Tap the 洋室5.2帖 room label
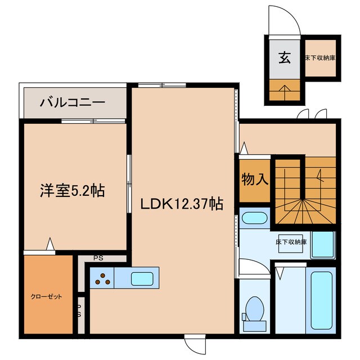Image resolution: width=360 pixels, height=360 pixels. (x=72, y=191)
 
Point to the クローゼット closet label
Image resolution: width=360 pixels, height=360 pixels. (x=46, y=296)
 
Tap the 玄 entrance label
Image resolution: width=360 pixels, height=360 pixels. (x=285, y=58)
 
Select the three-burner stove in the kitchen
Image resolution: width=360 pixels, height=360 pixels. (x=102, y=277)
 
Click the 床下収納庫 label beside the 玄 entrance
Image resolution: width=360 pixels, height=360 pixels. (x=321, y=57)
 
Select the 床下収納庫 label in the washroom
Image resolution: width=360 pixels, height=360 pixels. (x=291, y=242)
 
